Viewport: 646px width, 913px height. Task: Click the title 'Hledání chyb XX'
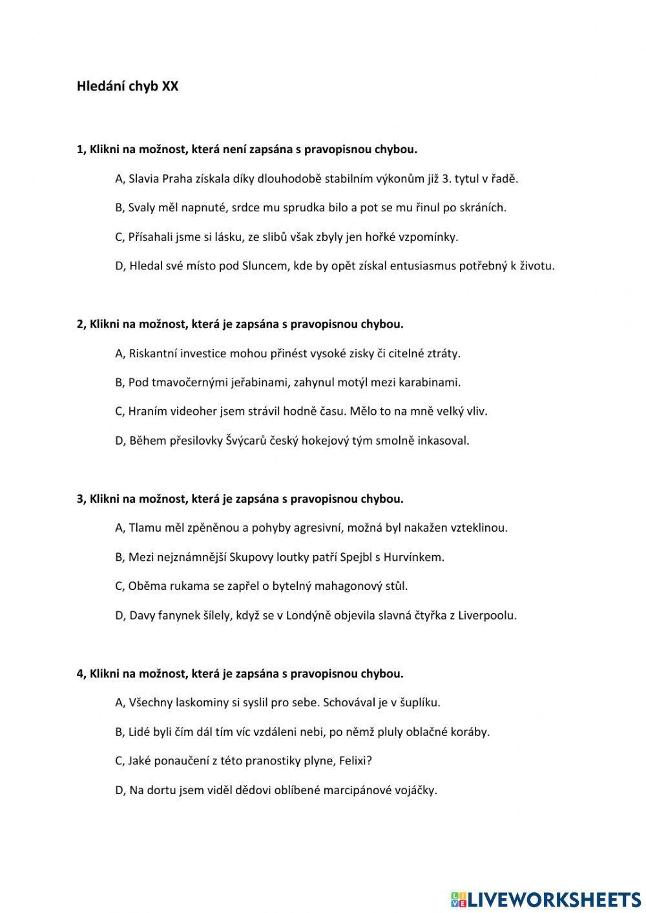(127, 87)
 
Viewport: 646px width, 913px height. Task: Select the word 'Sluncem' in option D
(264, 266)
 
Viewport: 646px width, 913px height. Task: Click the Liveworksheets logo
(545, 899)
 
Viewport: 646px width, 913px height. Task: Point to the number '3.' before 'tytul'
(446, 178)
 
